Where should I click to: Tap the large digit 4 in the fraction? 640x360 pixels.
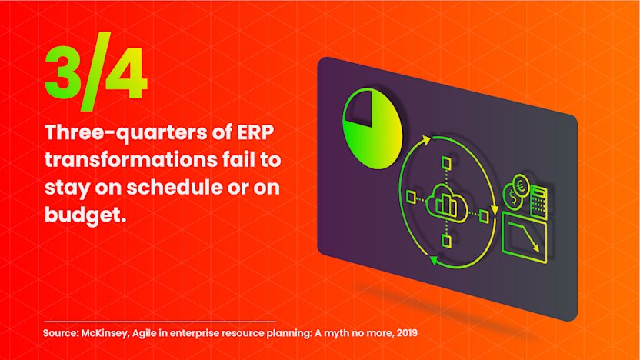(125, 74)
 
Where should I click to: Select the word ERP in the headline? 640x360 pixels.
(255, 132)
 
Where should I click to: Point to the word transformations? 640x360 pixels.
(130, 159)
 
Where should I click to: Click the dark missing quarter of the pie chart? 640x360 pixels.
(358, 108)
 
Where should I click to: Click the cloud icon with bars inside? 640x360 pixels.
(446, 203)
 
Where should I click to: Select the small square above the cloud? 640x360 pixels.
(446, 164)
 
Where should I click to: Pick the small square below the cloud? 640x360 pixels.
(446, 242)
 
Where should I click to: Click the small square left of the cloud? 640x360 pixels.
(412, 197)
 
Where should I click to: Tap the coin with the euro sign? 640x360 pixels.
(521, 186)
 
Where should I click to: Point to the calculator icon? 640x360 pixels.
(538, 202)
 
